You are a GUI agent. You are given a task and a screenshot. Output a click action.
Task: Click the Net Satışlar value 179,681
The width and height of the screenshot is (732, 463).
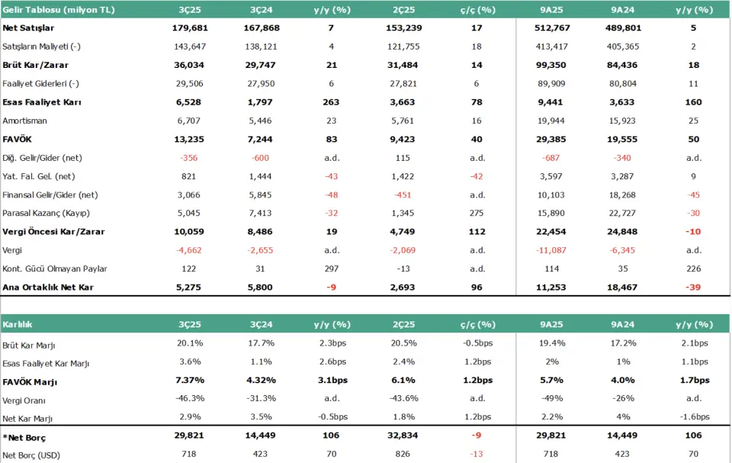tap(191, 27)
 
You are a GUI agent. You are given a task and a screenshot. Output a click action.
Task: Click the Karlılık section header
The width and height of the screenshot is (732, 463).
tap(17, 324)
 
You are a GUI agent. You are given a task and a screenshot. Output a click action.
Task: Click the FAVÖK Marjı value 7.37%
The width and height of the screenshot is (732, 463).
tap(191, 381)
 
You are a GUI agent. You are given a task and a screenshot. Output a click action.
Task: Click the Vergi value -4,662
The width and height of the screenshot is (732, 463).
tap(192, 251)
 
